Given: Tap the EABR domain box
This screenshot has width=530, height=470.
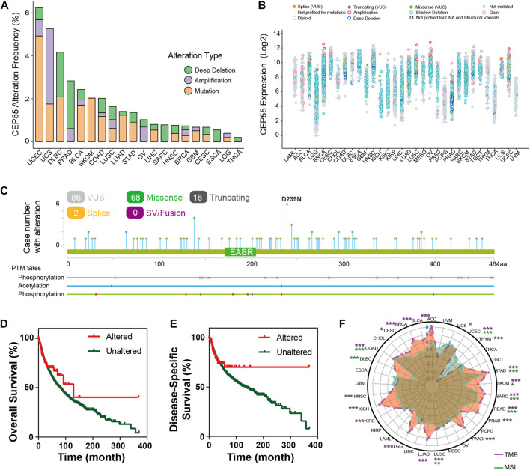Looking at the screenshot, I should [239, 254].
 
